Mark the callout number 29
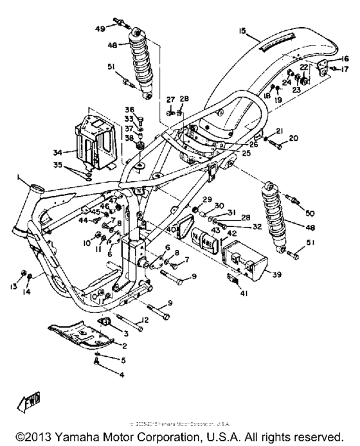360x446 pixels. tap(207, 200)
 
